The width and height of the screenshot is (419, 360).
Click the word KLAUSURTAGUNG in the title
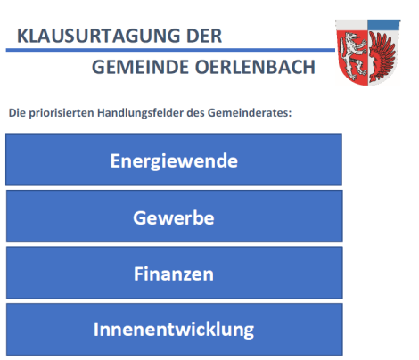[99, 36]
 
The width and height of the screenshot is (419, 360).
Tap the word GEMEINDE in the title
[141, 67]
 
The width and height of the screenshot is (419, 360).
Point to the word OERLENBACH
[255, 67]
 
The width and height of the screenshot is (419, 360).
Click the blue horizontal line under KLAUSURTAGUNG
[170, 50]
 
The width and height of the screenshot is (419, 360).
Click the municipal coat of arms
[368, 53]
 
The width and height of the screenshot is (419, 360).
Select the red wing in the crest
[382, 56]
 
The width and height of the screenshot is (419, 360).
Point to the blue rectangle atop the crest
[383, 25]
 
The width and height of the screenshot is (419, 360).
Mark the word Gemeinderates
[250, 113]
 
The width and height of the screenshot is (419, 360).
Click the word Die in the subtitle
[17, 113]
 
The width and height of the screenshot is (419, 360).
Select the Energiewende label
[174, 161]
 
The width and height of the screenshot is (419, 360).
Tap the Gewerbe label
[174, 217]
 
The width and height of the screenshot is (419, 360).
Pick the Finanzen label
[174, 274]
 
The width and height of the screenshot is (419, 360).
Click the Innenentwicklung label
[174, 330]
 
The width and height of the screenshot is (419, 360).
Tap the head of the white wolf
[354, 38]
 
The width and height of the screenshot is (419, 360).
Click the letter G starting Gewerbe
[140, 217]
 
